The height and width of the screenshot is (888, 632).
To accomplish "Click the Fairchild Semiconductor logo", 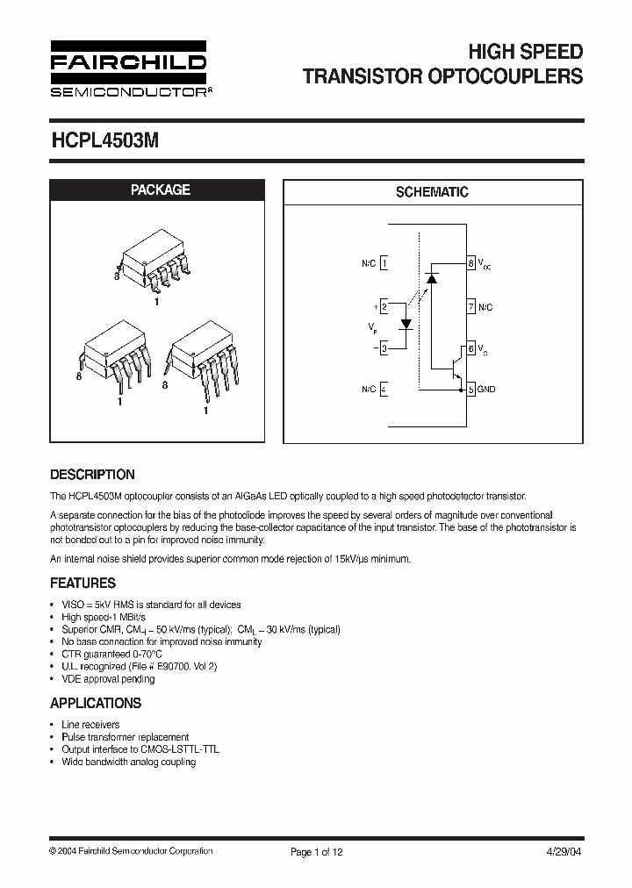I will [x=128, y=68].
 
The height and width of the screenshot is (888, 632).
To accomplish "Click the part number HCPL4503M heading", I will [x=104, y=140].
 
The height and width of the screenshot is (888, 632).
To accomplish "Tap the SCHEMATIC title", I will [x=432, y=192].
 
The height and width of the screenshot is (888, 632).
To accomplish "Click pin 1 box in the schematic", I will [x=384, y=263].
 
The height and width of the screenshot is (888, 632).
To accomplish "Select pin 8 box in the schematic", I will [x=471, y=263].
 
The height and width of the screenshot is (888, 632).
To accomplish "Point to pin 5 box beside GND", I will [x=471, y=389].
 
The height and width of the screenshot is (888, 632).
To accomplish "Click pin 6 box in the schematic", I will [x=471, y=348].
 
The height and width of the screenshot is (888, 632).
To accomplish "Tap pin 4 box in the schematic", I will [x=384, y=389].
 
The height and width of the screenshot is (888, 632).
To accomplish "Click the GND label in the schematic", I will [x=486, y=389].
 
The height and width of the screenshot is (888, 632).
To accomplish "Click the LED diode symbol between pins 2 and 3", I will [x=406, y=324].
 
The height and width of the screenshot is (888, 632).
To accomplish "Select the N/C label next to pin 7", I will [x=485, y=307].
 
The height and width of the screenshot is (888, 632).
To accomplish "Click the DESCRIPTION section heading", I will [x=92, y=475].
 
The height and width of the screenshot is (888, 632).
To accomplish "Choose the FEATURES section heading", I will [x=83, y=583].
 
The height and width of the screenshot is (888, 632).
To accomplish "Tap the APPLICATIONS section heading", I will [x=96, y=703].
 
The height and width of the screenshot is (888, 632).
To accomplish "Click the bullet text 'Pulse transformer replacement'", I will [x=125, y=737].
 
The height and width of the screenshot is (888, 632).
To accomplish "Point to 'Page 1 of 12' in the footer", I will [x=316, y=851].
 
